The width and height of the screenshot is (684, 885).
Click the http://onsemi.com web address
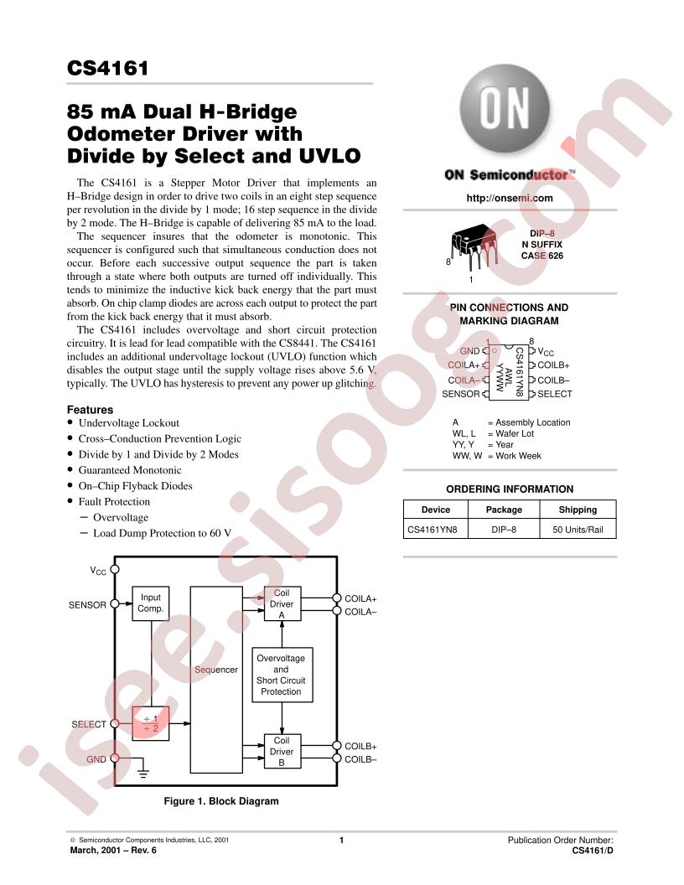pyautogui.click(x=510, y=198)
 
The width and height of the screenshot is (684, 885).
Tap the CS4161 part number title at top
pyautogui.click(x=108, y=68)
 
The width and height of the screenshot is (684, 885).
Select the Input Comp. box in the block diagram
pyautogui.click(x=151, y=603)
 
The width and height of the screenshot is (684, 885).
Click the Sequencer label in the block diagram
pyautogui.click(x=216, y=670)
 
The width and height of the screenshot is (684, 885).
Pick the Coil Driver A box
pyautogui.click(x=282, y=603)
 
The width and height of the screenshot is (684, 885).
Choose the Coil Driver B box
pyautogui.click(x=282, y=751)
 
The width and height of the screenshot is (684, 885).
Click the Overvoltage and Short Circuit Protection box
pyautogui.click(x=281, y=675)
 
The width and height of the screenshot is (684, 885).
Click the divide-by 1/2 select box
pyautogui.click(x=151, y=723)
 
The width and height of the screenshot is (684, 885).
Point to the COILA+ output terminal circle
pyautogui.click(x=337, y=598)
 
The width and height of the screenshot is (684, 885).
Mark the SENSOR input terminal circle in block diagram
pyautogui.click(x=115, y=604)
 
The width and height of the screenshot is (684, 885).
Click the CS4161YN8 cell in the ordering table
pyautogui.click(x=433, y=530)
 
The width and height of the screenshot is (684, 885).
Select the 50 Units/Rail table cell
pyautogui.click(x=578, y=530)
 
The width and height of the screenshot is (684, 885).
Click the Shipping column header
pyautogui.click(x=578, y=510)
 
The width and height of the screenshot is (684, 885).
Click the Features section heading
pyautogui.click(x=90, y=410)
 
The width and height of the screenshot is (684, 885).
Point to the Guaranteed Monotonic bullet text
pyautogui.click(x=130, y=470)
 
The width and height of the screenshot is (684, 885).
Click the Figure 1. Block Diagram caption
pyautogui.click(x=221, y=801)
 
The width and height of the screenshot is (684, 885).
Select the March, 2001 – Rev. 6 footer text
pyautogui.click(x=113, y=850)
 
